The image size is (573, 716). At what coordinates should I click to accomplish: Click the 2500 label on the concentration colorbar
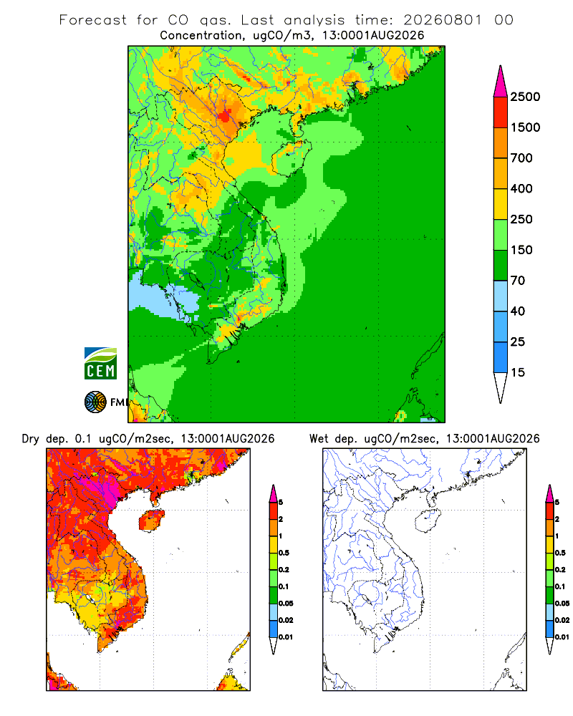click(525, 97)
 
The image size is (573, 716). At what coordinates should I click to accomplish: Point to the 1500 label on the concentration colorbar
click(525, 127)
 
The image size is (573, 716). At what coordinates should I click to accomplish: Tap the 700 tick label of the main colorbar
click(521, 158)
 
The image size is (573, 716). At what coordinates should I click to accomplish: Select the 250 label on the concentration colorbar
click(521, 219)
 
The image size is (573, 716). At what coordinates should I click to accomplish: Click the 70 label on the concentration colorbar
click(518, 281)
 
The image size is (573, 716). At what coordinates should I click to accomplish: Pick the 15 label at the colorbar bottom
click(518, 372)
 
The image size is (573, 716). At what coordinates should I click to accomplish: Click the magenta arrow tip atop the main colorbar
click(501, 67)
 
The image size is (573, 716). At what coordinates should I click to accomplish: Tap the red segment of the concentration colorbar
click(501, 112)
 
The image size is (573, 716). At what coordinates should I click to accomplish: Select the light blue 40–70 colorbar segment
click(501, 296)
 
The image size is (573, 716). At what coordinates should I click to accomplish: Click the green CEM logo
click(100, 364)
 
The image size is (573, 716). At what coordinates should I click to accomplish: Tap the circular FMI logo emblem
click(95, 402)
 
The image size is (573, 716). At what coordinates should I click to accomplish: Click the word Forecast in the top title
click(93, 20)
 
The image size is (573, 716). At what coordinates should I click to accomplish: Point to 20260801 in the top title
click(443, 20)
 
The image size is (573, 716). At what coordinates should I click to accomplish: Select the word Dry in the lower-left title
click(31, 439)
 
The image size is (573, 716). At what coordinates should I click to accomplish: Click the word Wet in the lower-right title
click(319, 439)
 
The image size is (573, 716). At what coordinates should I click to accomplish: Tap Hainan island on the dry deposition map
click(152, 521)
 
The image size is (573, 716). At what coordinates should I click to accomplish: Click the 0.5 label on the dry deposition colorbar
click(284, 553)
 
